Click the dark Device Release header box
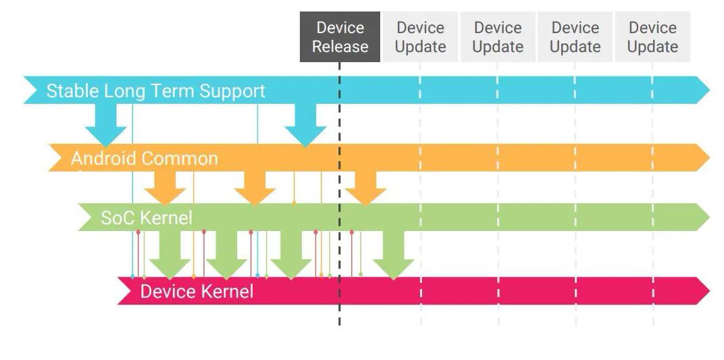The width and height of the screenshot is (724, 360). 340,36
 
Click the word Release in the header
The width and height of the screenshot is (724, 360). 340,47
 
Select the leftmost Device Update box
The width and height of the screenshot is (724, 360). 420,36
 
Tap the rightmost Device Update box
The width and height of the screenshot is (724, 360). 652,36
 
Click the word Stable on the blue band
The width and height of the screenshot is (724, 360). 72,91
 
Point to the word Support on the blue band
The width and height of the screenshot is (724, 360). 232,91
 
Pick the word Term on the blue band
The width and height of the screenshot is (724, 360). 178,91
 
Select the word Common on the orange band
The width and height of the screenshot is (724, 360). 180,159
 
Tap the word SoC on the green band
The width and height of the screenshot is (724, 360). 118,218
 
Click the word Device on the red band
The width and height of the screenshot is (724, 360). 167,292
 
